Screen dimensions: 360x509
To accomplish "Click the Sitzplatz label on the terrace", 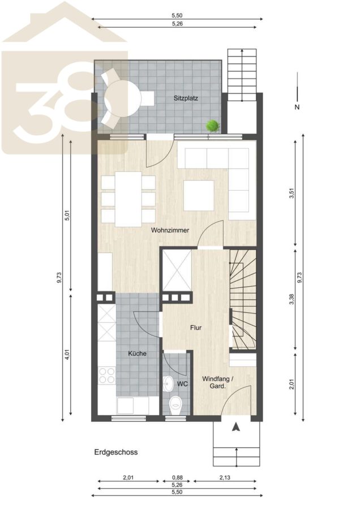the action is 186,98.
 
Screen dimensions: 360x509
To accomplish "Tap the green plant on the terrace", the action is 213,126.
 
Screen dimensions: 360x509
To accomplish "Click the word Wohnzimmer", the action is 170,230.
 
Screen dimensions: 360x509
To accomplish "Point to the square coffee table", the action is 199,196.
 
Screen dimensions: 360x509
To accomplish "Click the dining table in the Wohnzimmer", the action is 128,199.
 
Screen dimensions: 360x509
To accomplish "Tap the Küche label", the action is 137,353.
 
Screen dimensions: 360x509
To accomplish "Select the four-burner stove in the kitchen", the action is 106,376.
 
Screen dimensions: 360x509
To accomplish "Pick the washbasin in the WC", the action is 169,383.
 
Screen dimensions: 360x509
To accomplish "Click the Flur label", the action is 196,327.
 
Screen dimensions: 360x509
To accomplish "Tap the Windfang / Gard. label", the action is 218,382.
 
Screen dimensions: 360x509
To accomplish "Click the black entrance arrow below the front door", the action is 236,427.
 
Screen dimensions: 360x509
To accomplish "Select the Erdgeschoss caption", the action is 116,452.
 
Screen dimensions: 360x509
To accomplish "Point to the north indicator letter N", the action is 297,107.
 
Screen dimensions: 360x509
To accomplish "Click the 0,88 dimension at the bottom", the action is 177,477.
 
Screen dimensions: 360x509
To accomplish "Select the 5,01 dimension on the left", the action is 67,215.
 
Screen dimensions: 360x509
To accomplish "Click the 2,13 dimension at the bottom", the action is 225,477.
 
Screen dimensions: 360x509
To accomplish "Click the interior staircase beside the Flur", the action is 243,299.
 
